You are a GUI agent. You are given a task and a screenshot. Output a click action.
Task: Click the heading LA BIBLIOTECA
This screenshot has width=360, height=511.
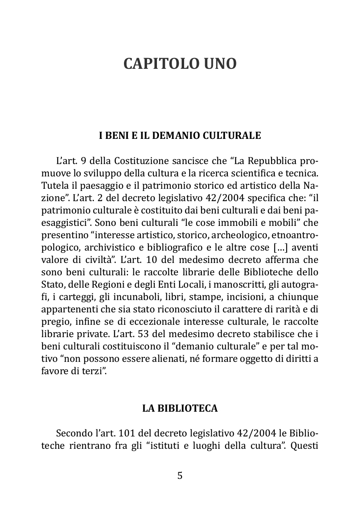click(180, 408)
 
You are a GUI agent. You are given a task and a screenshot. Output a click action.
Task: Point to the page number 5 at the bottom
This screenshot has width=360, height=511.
click(180, 476)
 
